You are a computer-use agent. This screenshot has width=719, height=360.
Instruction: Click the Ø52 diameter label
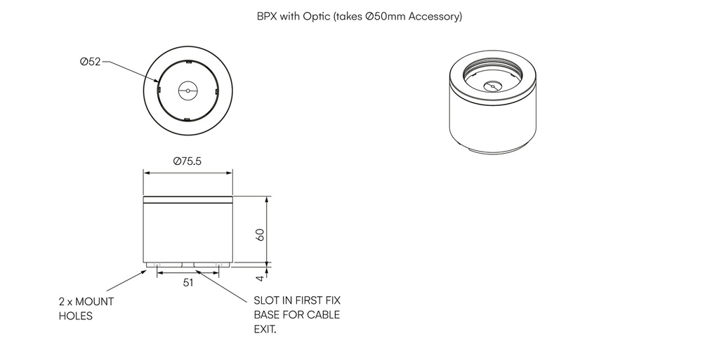pyautogui.click(x=91, y=62)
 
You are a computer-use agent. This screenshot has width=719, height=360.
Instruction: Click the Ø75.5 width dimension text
pyautogui.click(x=187, y=161)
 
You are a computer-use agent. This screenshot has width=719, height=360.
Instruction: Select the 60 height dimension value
pyautogui.click(x=260, y=234)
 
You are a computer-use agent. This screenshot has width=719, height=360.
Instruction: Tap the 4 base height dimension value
pyautogui.click(x=260, y=278)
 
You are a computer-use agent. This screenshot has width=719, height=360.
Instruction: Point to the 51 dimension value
pyautogui.click(x=188, y=283)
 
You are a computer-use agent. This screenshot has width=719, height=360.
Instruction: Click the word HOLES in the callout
pyautogui.click(x=76, y=316)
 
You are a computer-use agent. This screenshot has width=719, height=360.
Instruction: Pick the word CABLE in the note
pyautogui.click(x=322, y=314)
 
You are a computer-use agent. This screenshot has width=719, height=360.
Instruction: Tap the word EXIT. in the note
pyautogui.click(x=265, y=329)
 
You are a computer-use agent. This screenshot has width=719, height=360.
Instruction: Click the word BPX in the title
pyautogui.click(x=267, y=15)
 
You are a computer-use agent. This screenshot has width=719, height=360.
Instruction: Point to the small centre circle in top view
pyautogui.click(x=187, y=90)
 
